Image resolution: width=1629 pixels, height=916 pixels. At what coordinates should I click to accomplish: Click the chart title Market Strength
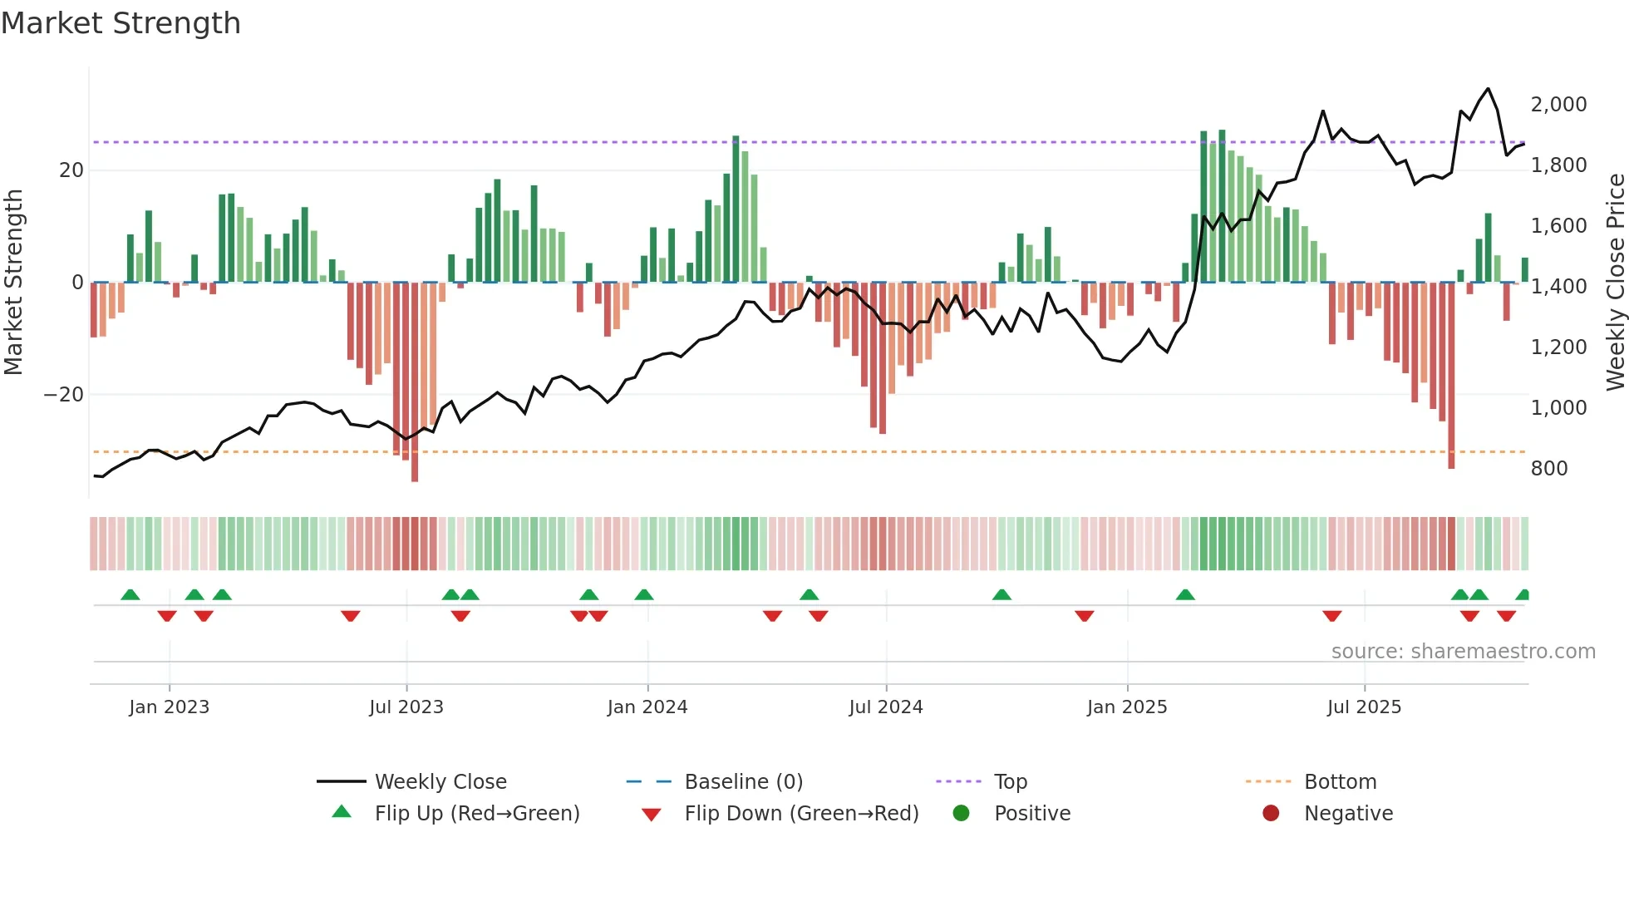click(121, 23)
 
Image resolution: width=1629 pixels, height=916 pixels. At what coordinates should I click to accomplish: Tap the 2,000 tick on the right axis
click(1558, 105)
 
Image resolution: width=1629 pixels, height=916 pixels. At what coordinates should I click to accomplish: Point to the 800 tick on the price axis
click(1548, 469)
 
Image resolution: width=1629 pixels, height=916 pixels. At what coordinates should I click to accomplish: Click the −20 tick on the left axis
click(64, 395)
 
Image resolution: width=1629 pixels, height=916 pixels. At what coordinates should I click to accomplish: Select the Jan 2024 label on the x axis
click(647, 707)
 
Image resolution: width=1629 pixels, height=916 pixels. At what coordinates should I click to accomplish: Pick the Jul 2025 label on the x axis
click(1363, 707)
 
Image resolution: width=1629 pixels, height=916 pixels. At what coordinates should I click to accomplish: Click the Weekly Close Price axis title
click(1615, 283)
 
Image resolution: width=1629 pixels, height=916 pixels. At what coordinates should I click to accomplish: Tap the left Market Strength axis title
click(14, 283)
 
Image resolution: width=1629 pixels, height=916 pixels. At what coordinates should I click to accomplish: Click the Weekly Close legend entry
click(440, 782)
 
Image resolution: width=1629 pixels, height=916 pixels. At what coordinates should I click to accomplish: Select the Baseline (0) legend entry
click(743, 782)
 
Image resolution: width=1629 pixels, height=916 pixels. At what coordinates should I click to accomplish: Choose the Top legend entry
click(1010, 782)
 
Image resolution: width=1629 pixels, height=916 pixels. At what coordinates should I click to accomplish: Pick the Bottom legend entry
click(1340, 782)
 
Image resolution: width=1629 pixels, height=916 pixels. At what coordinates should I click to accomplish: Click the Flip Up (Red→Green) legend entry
click(476, 814)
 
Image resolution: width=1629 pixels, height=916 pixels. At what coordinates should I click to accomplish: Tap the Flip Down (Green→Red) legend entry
click(801, 814)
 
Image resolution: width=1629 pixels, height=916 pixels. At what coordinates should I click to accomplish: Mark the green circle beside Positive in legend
click(961, 814)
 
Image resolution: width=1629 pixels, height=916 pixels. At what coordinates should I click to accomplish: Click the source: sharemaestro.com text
click(1463, 652)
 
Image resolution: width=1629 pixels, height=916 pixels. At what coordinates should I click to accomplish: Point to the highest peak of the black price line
click(1488, 89)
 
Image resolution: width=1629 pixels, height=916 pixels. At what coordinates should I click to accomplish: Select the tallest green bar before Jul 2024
click(736, 208)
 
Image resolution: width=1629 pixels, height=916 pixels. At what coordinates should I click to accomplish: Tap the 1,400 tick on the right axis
click(1558, 287)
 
